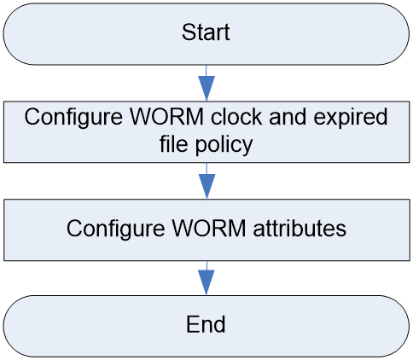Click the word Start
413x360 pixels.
coord(206,32)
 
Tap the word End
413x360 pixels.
coord(206,324)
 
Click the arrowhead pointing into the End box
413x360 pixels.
coord(206,282)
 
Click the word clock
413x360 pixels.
coord(236,117)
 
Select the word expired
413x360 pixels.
coord(351,119)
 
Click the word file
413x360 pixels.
coord(174,143)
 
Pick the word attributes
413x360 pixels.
coord(300,228)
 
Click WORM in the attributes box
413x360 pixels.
coord(208,228)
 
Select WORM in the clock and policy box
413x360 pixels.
coord(166,117)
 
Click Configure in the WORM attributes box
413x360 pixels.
coord(115,229)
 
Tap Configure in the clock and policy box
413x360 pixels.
coord(73,119)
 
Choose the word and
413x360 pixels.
coord(288,117)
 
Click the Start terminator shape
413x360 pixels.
coord(206,34)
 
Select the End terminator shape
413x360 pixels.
coord(206,326)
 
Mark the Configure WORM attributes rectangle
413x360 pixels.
coord(206,229)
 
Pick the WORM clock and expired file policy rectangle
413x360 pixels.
coord(206,132)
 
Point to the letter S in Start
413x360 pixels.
coord(189,32)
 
